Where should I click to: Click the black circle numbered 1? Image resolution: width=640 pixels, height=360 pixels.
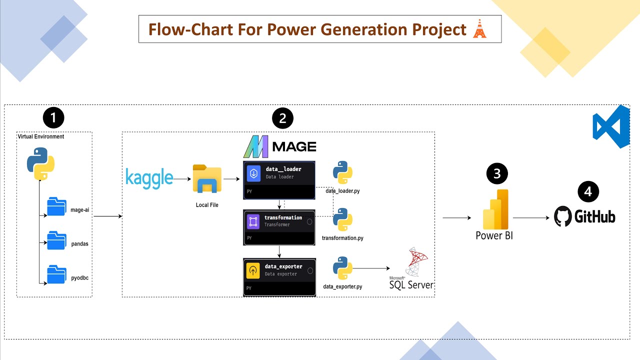[x=53, y=118]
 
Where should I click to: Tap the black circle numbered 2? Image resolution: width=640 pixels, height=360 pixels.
[x=282, y=118]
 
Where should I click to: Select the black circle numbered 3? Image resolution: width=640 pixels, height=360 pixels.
[x=496, y=173]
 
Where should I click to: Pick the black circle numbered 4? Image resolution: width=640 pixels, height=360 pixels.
[x=588, y=192]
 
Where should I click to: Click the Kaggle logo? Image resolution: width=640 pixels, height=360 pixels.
[x=149, y=178]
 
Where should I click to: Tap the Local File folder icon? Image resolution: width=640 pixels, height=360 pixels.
[x=207, y=178]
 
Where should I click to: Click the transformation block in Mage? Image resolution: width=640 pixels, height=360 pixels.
[x=279, y=227]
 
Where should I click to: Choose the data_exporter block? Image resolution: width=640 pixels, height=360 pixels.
[x=279, y=277]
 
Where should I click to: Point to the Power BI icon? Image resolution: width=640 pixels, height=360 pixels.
[x=495, y=209]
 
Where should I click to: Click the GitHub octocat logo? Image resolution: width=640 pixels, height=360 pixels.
[x=563, y=217]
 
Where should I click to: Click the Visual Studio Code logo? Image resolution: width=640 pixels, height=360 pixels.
[x=610, y=126]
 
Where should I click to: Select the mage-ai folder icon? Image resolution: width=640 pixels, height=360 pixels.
[x=56, y=206]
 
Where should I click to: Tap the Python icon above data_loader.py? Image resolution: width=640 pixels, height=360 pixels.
[x=342, y=172]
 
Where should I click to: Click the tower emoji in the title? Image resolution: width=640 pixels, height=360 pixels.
[x=479, y=29]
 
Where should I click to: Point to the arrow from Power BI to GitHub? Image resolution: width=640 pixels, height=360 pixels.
[x=532, y=218]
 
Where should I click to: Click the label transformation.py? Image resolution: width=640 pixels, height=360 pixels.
[x=342, y=238]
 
